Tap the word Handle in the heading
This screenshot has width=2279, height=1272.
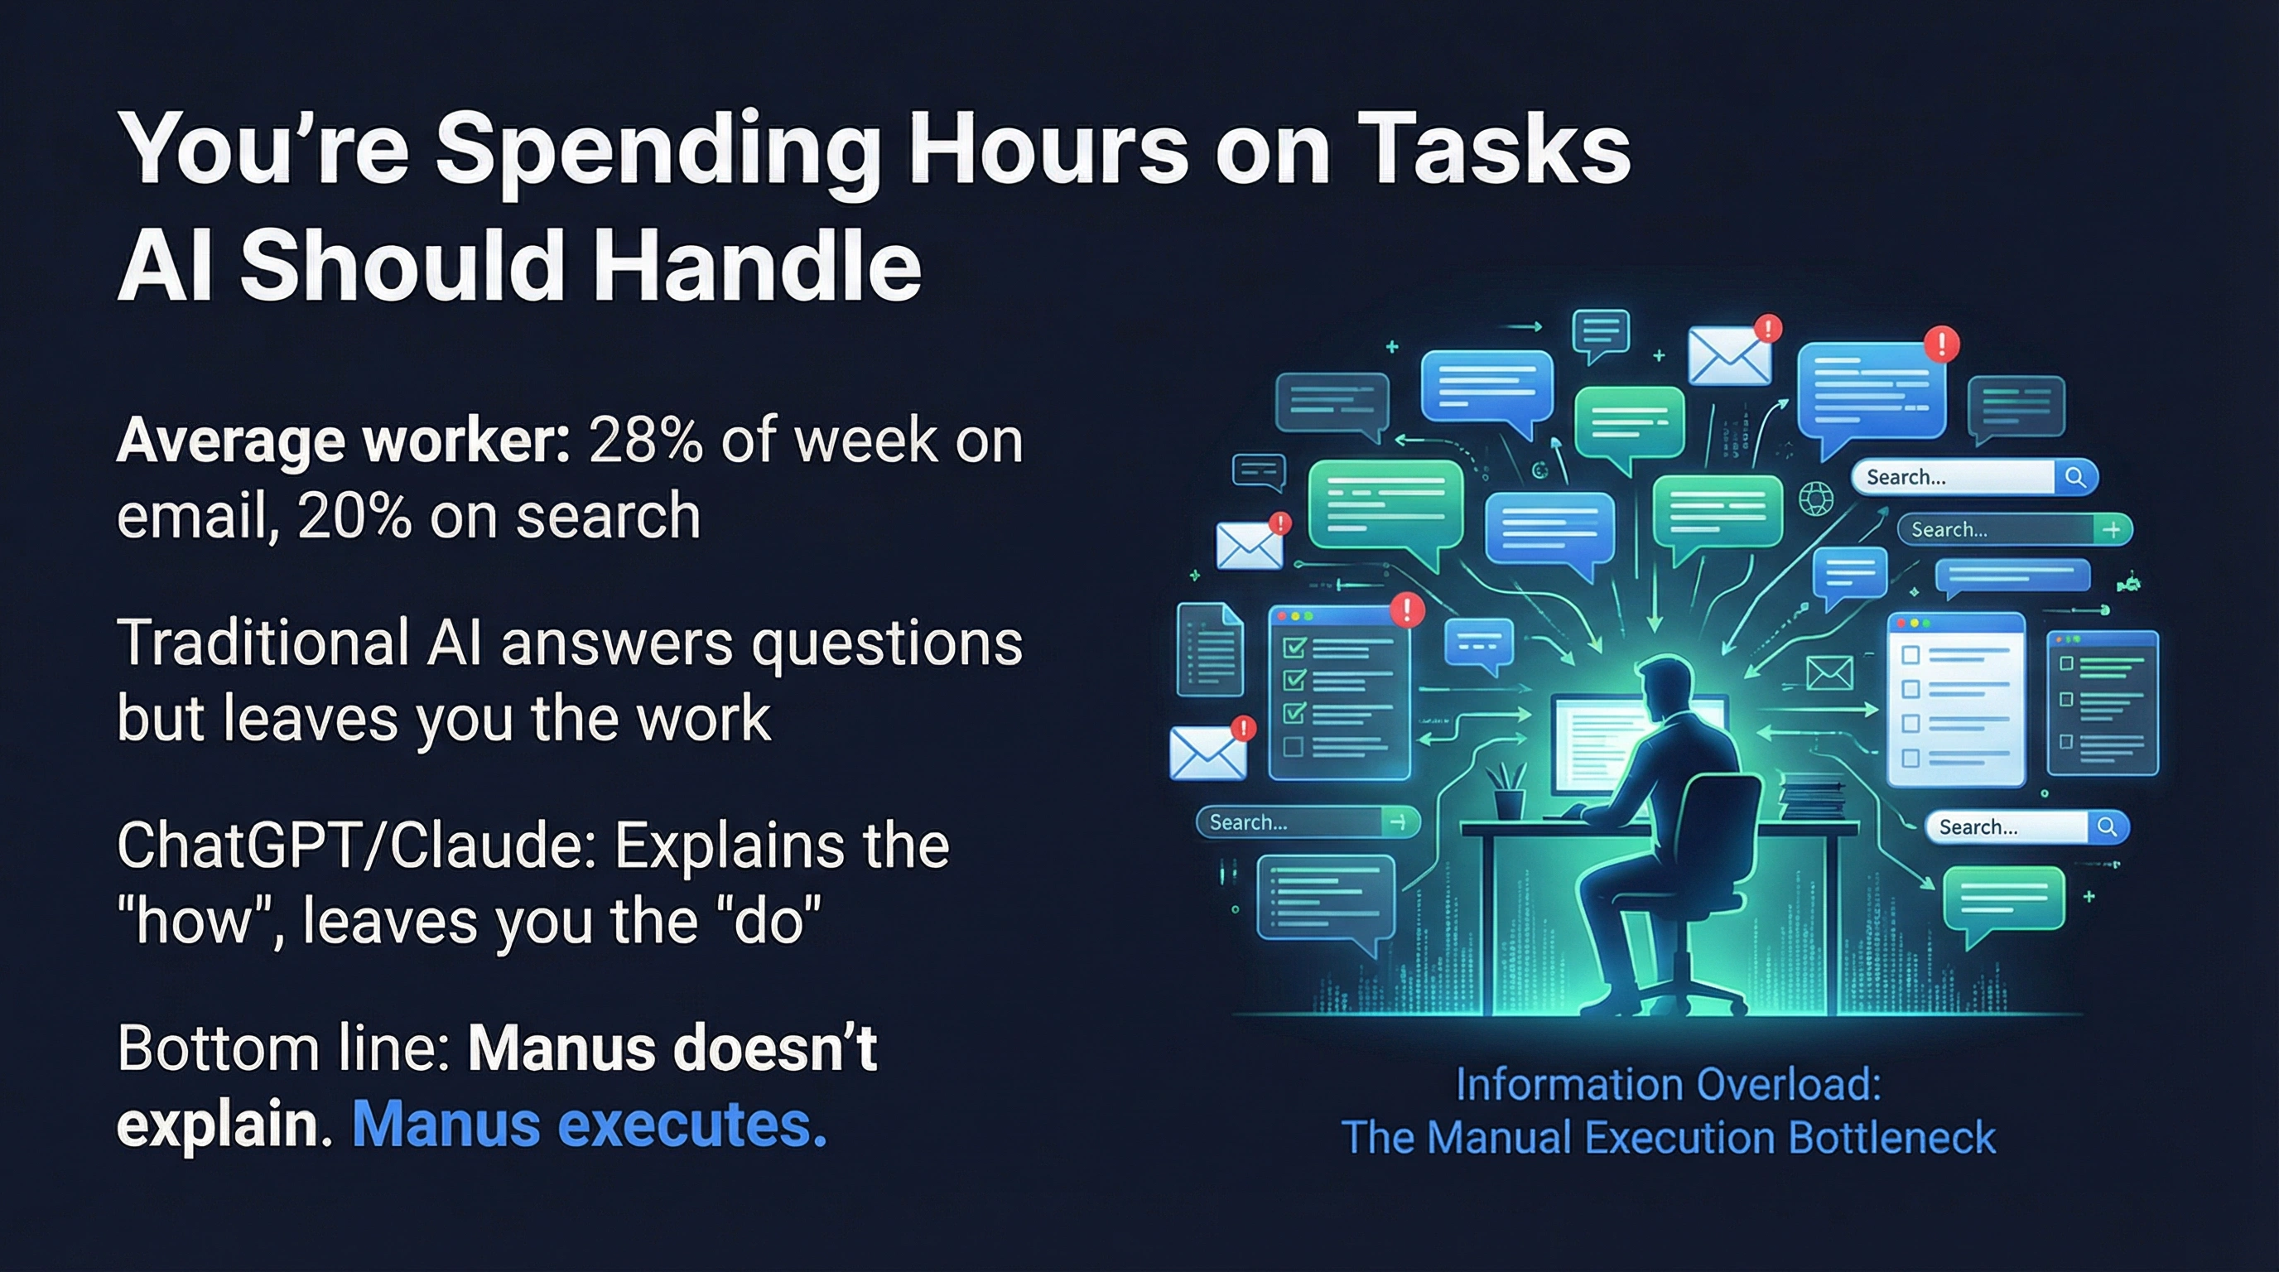point(757,264)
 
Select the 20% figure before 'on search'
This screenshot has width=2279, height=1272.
point(354,516)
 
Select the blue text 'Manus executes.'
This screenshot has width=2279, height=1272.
point(590,1125)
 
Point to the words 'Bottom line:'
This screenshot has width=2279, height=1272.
point(284,1048)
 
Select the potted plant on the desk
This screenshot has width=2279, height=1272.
point(1506,790)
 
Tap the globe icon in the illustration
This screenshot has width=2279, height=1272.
point(1815,499)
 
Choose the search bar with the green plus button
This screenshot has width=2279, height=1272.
point(2015,530)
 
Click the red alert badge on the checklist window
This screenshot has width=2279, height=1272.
point(1407,609)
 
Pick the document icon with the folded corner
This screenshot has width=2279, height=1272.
point(1209,648)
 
